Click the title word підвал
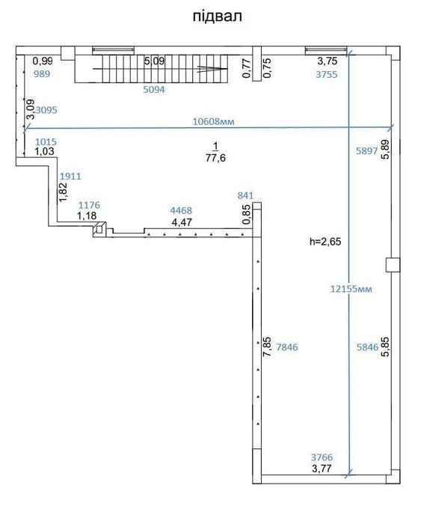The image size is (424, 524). (x=217, y=16)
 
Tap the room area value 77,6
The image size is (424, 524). (x=215, y=158)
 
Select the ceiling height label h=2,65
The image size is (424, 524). (x=325, y=241)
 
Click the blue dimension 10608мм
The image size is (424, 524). (x=213, y=121)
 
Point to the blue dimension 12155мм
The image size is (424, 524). (x=351, y=289)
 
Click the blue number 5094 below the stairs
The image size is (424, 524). (x=154, y=90)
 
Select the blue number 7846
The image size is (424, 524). (x=287, y=347)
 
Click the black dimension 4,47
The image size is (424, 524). (x=182, y=222)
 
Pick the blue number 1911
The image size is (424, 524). (x=70, y=176)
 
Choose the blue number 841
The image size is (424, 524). (x=245, y=195)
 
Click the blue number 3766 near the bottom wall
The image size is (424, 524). (x=322, y=457)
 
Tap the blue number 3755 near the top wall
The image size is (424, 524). (x=327, y=74)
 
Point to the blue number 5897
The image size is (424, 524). (x=366, y=150)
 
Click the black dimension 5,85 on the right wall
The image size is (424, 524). (x=385, y=347)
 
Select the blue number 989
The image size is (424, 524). (x=42, y=73)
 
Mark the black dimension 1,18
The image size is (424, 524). (x=87, y=216)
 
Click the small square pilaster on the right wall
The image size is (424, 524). (x=393, y=265)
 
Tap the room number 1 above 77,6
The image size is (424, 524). (x=215, y=146)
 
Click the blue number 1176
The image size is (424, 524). (x=89, y=205)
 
